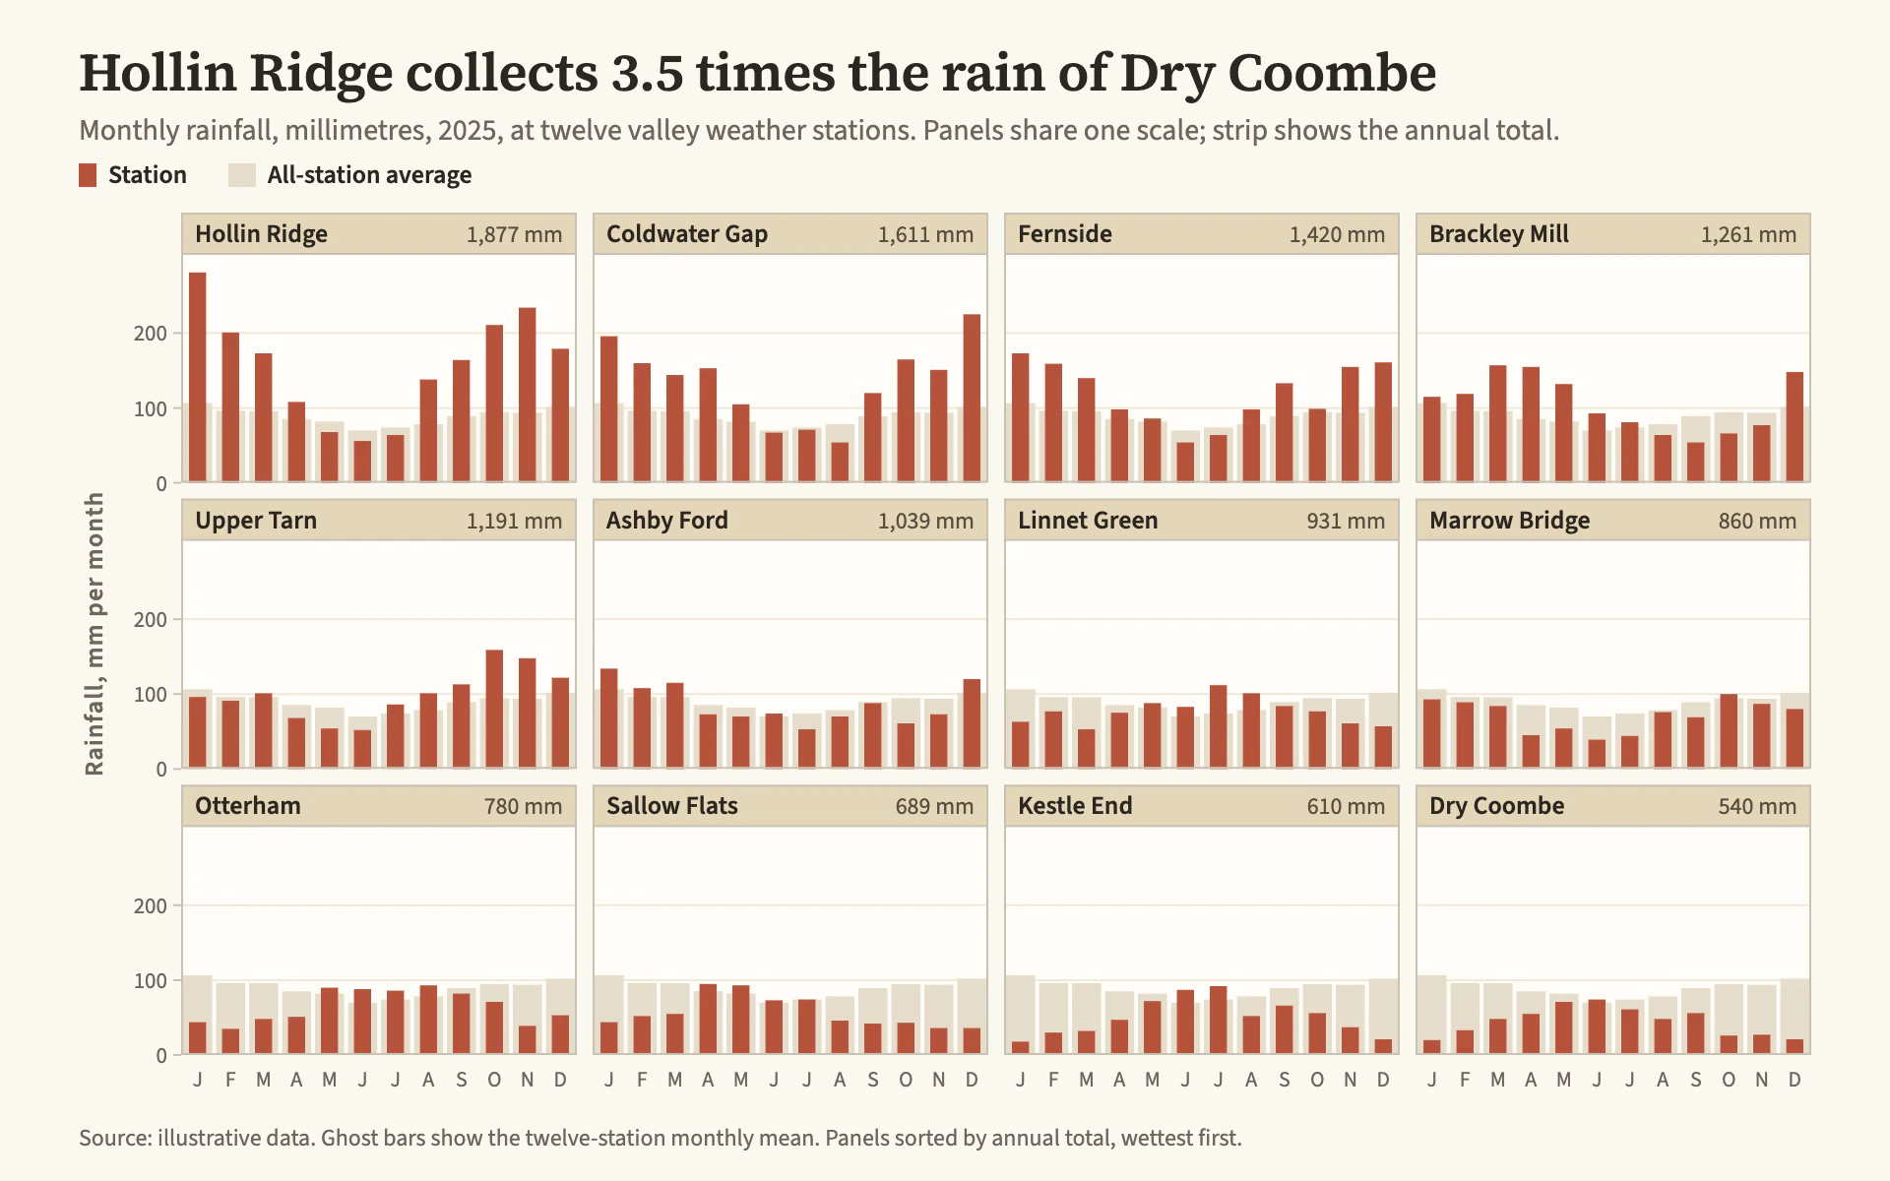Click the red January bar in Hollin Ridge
[197, 377]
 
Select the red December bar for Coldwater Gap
[972, 399]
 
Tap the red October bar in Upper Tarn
[494, 709]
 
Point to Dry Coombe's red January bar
[1431, 1047]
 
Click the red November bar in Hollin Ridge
[527, 395]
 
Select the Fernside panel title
[1065, 234]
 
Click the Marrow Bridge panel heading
[1509, 521]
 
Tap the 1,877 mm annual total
[514, 235]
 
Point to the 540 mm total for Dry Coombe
[1757, 807]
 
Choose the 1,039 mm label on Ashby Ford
[925, 522]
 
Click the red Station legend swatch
[88, 175]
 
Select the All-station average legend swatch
[242, 175]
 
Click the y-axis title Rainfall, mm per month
[94, 634]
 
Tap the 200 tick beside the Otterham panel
[151, 906]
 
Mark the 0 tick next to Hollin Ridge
[162, 484]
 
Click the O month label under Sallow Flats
[906, 1080]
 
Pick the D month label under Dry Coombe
[1795, 1080]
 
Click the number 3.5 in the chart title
[647, 73]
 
